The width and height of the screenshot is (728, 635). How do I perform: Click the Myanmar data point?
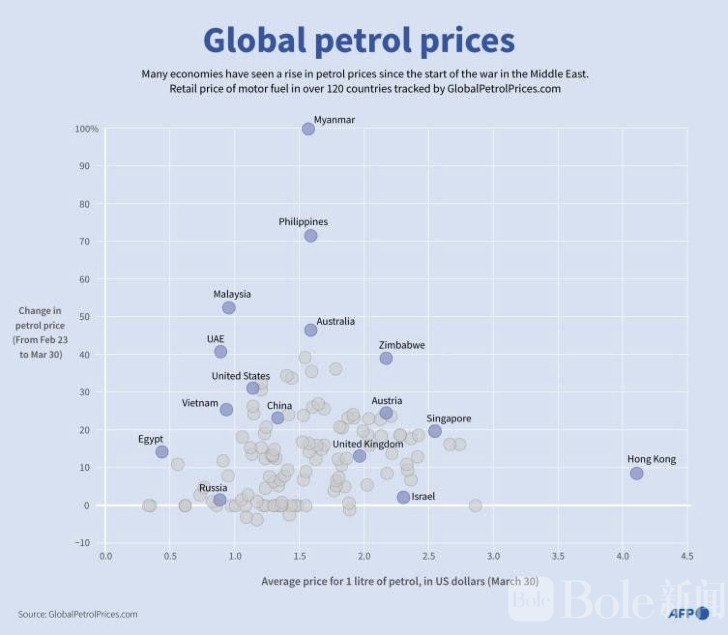pos(308,129)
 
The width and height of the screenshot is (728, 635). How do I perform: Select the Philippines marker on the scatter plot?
pos(311,236)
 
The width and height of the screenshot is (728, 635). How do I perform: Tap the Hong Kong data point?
pos(637,474)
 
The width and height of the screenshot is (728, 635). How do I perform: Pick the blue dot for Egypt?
pos(162,452)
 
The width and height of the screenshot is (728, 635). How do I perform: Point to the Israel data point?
pos(403,497)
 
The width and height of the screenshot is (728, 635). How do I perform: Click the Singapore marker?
pos(435,431)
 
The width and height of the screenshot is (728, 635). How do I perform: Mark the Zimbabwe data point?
pos(386,359)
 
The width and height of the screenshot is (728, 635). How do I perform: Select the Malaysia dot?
pos(229,308)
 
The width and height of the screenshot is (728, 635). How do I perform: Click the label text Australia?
pos(335,321)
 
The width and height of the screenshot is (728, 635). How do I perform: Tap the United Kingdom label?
pos(367,444)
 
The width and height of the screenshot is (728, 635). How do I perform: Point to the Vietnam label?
pos(200,403)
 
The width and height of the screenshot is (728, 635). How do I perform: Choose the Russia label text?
pos(213,488)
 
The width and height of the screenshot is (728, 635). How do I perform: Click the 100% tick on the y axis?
pos(87,129)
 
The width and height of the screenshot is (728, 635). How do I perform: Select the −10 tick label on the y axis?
pos(83,543)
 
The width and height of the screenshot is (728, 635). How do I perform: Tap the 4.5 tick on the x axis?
pos(686,556)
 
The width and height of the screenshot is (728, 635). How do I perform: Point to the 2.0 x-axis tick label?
pos(364,556)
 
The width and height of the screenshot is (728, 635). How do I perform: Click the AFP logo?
pos(688,614)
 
